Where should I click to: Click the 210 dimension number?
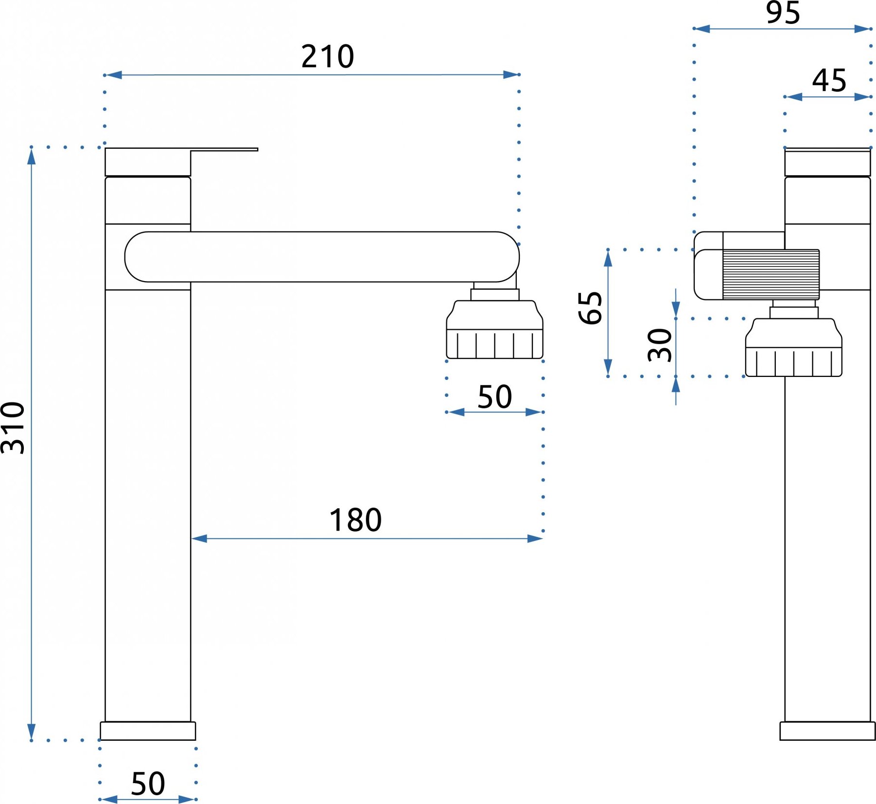tap(328, 56)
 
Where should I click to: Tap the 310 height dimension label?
tap(13, 428)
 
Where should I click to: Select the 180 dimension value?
tap(355, 520)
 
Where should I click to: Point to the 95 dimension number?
tap(783, 13)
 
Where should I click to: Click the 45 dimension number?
tap(829, 80)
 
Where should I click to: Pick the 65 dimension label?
tap(591, 308)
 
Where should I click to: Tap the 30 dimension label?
tap(660, 345)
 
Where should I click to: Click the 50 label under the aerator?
tap(495, 397)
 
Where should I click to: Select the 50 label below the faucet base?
tap(148, 784)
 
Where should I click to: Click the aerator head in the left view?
tap(495, 329)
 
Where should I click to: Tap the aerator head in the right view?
tap(794, 347)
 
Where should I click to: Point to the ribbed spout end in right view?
tap(771, 274)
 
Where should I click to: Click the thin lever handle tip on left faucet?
tap(256, 149)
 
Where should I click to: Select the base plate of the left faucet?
tap(148, 731)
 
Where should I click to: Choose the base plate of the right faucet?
tap(827, 731)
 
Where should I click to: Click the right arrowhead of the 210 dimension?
tap(511, 74)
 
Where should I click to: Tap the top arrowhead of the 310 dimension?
tap(32, 156)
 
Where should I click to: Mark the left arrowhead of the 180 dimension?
tap(199, 538)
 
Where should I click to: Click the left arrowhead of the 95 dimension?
tap(702, 29)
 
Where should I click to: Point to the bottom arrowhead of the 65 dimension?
tap(608, 368)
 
